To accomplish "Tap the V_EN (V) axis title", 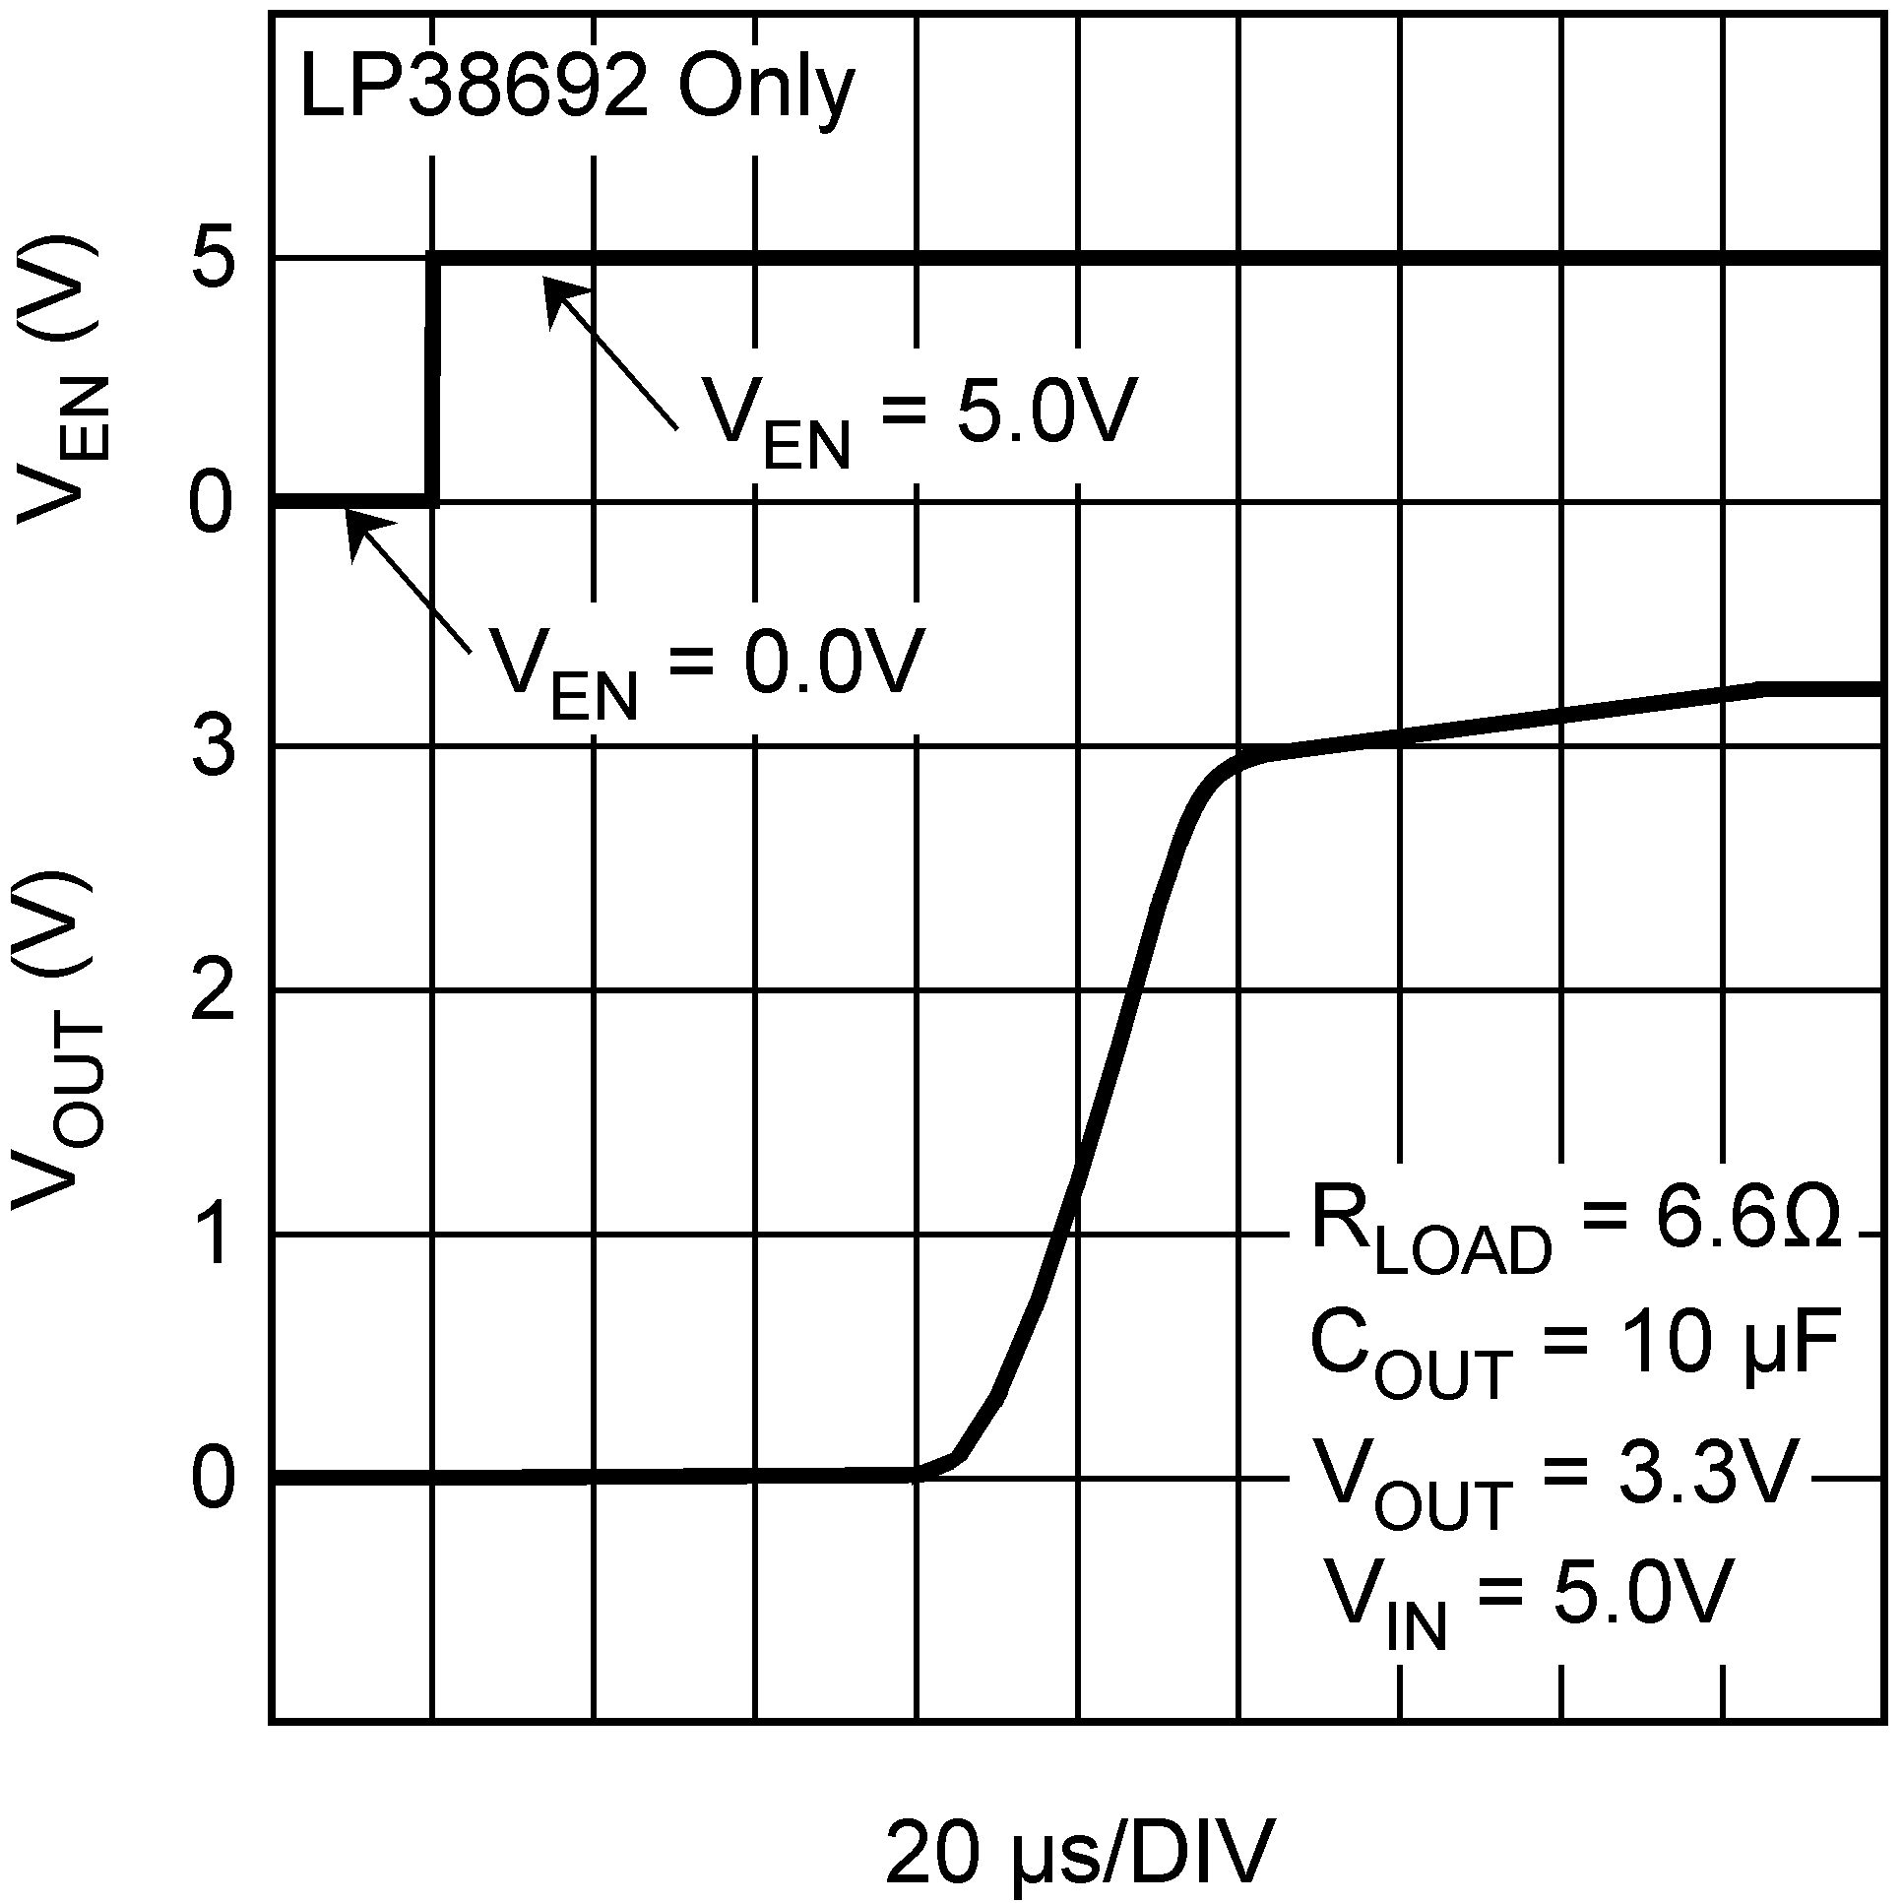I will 59,379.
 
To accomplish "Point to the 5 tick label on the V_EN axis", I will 212,260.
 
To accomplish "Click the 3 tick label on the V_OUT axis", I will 212,748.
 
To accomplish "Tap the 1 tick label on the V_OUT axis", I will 212,1236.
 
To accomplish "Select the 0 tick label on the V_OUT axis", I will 212,1479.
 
